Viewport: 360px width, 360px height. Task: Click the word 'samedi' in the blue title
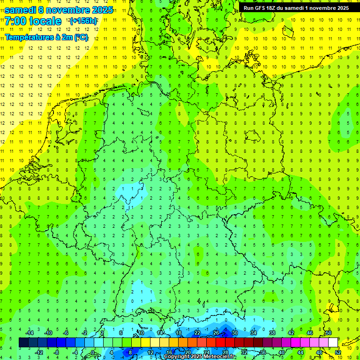pos(21,10)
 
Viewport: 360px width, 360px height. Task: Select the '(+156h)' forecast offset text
pos(83,21)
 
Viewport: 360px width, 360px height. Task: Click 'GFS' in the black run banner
pos(262,8)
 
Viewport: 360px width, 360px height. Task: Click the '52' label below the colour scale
pos(338,352)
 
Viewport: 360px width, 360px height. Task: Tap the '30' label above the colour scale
pos(234,333)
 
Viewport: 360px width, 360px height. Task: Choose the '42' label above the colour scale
pos(291,333)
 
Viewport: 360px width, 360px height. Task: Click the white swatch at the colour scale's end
pos(333,343)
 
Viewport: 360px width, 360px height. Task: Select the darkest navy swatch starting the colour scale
pos(23,343)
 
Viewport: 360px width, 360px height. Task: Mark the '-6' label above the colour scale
pos(66,333)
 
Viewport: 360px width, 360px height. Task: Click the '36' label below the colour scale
pos(262,352)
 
